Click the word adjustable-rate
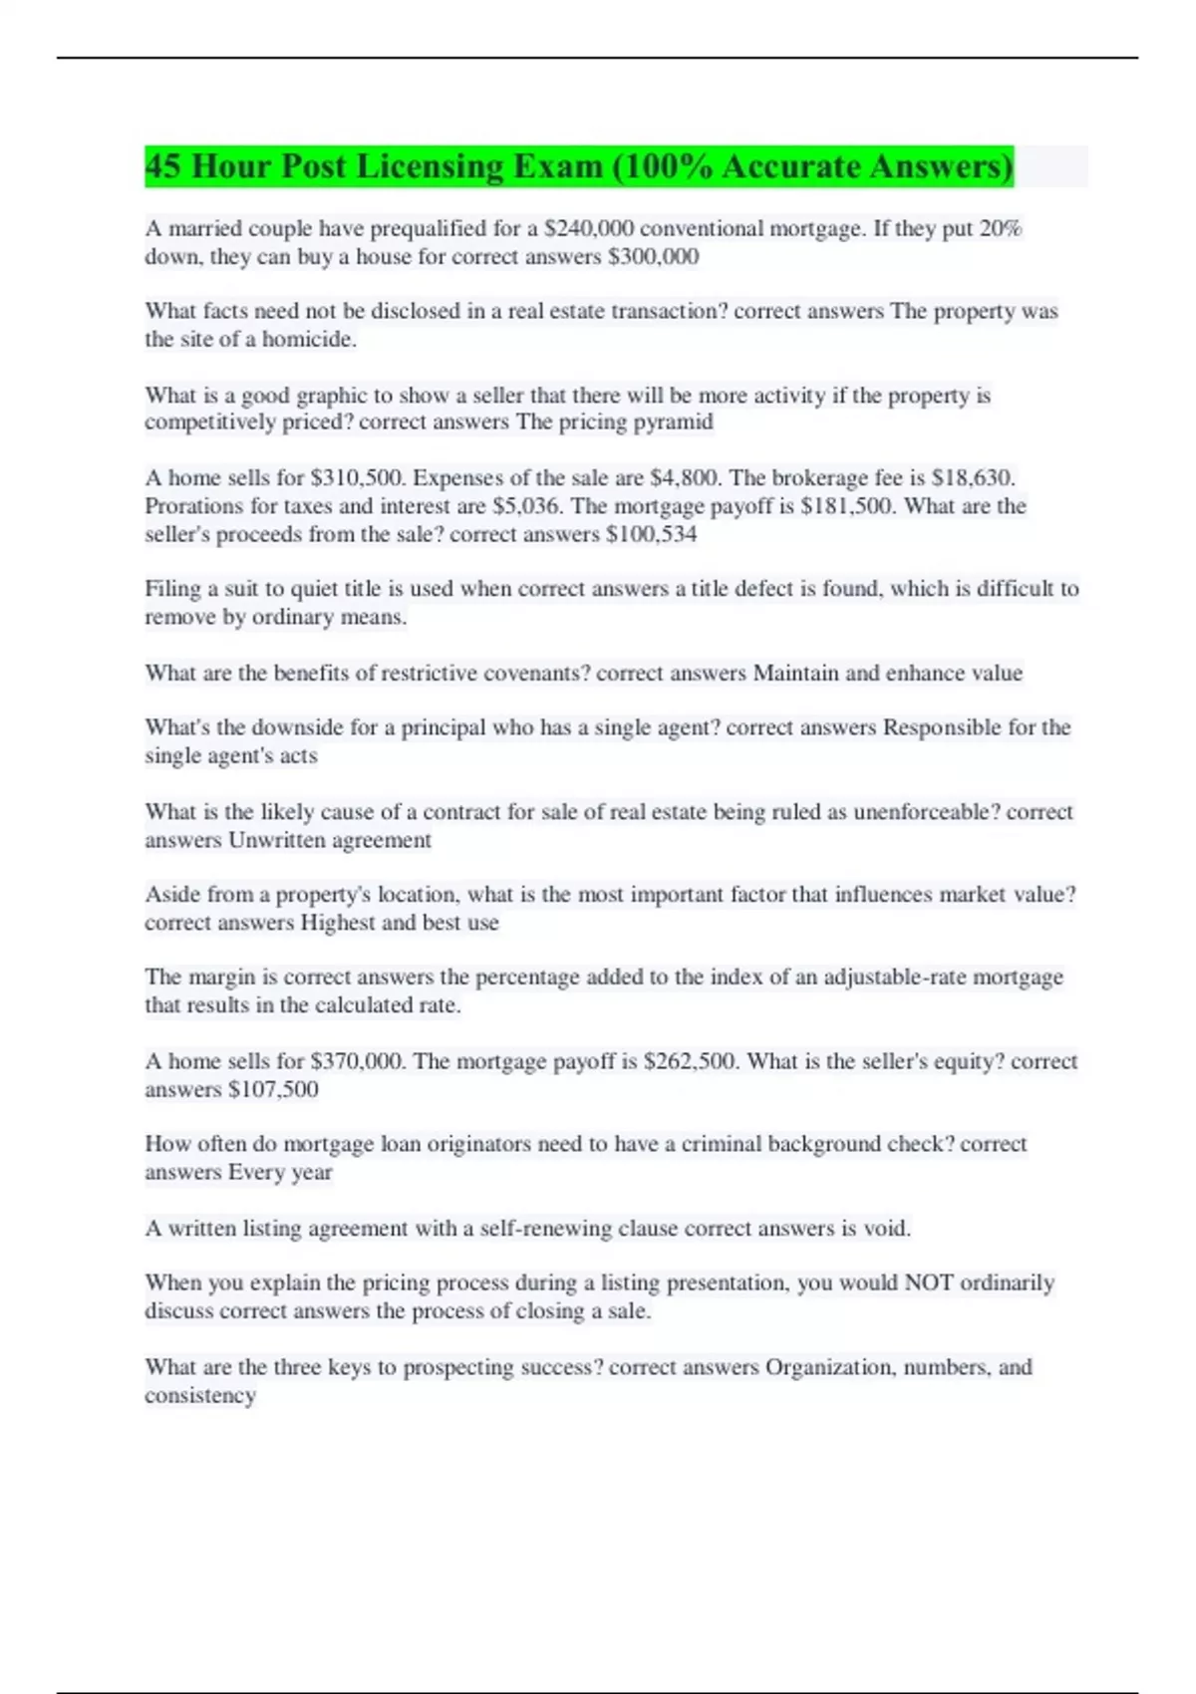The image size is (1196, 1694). pyautogui.click(x=894, y=978)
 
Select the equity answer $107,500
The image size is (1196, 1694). pyautogui.click(x=273, y=1089)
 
